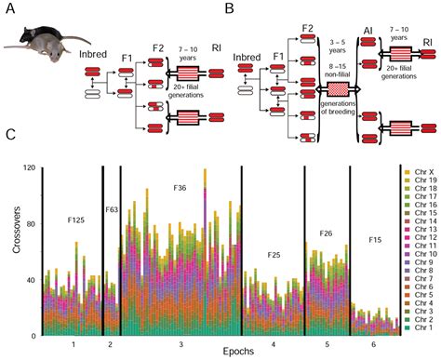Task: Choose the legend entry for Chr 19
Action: point(421,181)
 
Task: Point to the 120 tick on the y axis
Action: point(35,167)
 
